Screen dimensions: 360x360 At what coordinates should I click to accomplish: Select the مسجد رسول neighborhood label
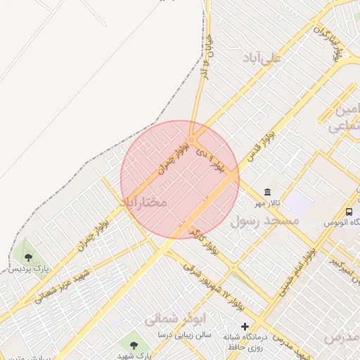click(265, 221)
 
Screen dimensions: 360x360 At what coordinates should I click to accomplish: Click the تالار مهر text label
click(268, 203)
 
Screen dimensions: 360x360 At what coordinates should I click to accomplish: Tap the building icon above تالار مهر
click(267, 192)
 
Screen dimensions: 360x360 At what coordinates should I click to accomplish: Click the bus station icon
click(349, 212)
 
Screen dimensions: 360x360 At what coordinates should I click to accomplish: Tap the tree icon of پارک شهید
click(134, 344)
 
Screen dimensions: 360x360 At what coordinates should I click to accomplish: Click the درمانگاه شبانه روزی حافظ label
click(243, 342)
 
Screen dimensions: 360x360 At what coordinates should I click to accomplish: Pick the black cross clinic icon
click(245, 326)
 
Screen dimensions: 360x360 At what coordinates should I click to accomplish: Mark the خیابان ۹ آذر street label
click(205, 53)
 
